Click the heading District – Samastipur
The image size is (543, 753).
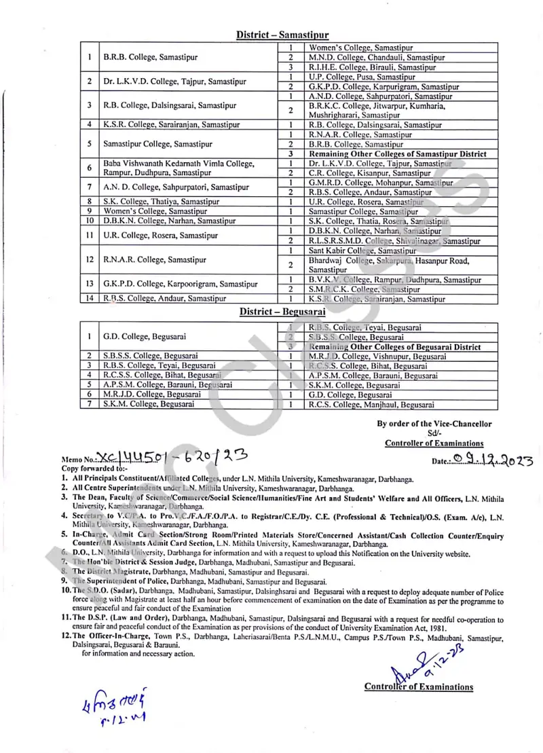coord(282,34)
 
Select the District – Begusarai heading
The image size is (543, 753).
coord(282,312)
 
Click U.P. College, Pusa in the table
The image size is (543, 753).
coord(350,77)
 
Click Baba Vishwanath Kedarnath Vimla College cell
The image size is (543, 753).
coord(179,164)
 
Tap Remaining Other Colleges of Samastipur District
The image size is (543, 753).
coord(397,154)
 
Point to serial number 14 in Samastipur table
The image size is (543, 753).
coord(89,298)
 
